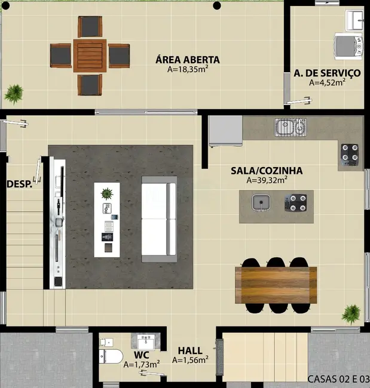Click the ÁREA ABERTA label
[x=188, y=60]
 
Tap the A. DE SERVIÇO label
[x=327, y=73]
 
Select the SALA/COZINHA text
[x=267, y=171]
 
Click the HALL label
[x=190, y=350]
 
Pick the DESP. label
[x=19, y=184]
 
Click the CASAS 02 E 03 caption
[x=338, y=378]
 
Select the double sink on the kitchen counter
[x=291, y=127]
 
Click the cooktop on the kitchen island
[x=296, y=204]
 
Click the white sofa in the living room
[x=159, y=219]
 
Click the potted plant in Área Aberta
[x=14, y=93]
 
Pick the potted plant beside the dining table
[x=351, y=313]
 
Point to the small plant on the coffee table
[x=107, y=193]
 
